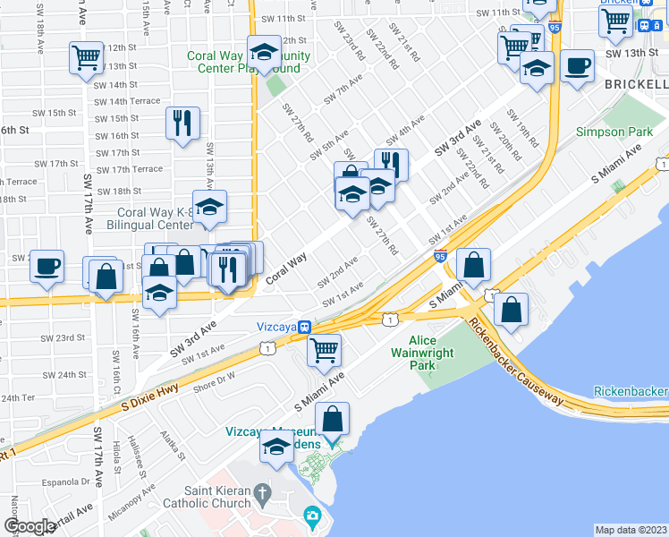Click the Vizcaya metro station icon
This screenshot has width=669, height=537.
(x=305, y=328)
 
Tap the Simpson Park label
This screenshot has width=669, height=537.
(x=627, y=132)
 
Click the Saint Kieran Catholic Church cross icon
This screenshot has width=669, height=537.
(x=261, y=492)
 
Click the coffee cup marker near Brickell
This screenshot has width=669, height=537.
(x=578, y=65)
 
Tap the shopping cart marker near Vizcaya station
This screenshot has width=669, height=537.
(x=324, y=348)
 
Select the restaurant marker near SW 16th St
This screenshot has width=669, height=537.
(x=182, y=123)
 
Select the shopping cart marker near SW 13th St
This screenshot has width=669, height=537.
(x=86, y=58)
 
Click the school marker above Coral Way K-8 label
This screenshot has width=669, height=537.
(x=210, y=207)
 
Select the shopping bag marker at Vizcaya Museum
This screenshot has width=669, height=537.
(x=332, y=420)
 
